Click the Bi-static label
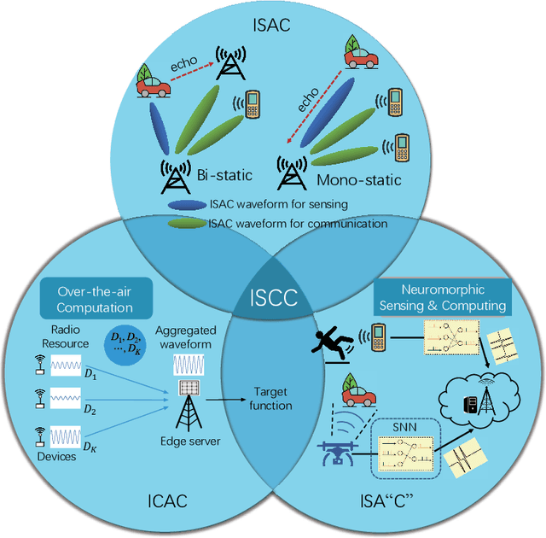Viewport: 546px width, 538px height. (x=224, y=176)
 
